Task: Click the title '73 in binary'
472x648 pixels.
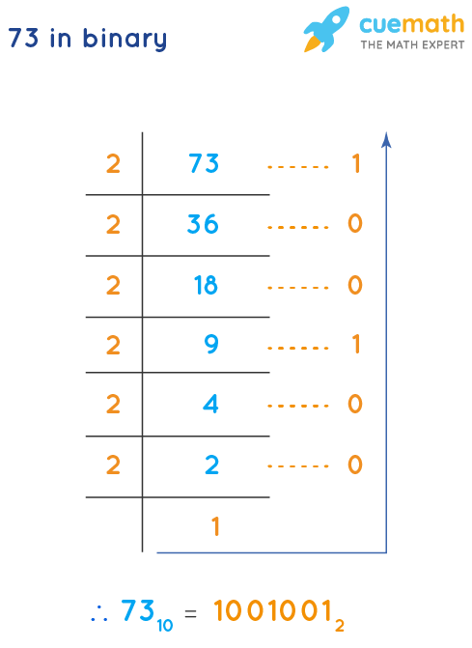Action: coord(87,40)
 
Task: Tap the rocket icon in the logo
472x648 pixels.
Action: coord(325,30)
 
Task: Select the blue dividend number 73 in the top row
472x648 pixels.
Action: coord(204,164)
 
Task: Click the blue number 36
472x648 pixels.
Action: coord(203,224)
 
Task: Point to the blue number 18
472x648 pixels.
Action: coord(205,285)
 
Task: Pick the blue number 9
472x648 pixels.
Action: coord(211,345)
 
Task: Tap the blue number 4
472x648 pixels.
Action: coord(211,405)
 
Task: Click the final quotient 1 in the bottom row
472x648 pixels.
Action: coord(215,526)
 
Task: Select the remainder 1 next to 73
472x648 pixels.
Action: coord(355,164)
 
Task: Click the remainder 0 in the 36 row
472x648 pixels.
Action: coord(354,224)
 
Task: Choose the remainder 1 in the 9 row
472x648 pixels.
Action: coord(355,345)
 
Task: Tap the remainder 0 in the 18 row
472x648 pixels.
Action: coord(354,285)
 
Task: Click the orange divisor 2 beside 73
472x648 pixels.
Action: coord(113,164)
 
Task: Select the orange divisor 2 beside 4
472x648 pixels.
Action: coord(113,405)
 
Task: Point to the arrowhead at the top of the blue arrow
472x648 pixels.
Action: coord(386,139)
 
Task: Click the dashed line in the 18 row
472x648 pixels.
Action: coord(298,286)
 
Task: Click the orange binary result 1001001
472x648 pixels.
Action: coord(276,611)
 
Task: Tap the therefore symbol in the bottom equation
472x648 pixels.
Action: coord(97,612)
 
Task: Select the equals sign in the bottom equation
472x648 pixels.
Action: coord(190,612)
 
